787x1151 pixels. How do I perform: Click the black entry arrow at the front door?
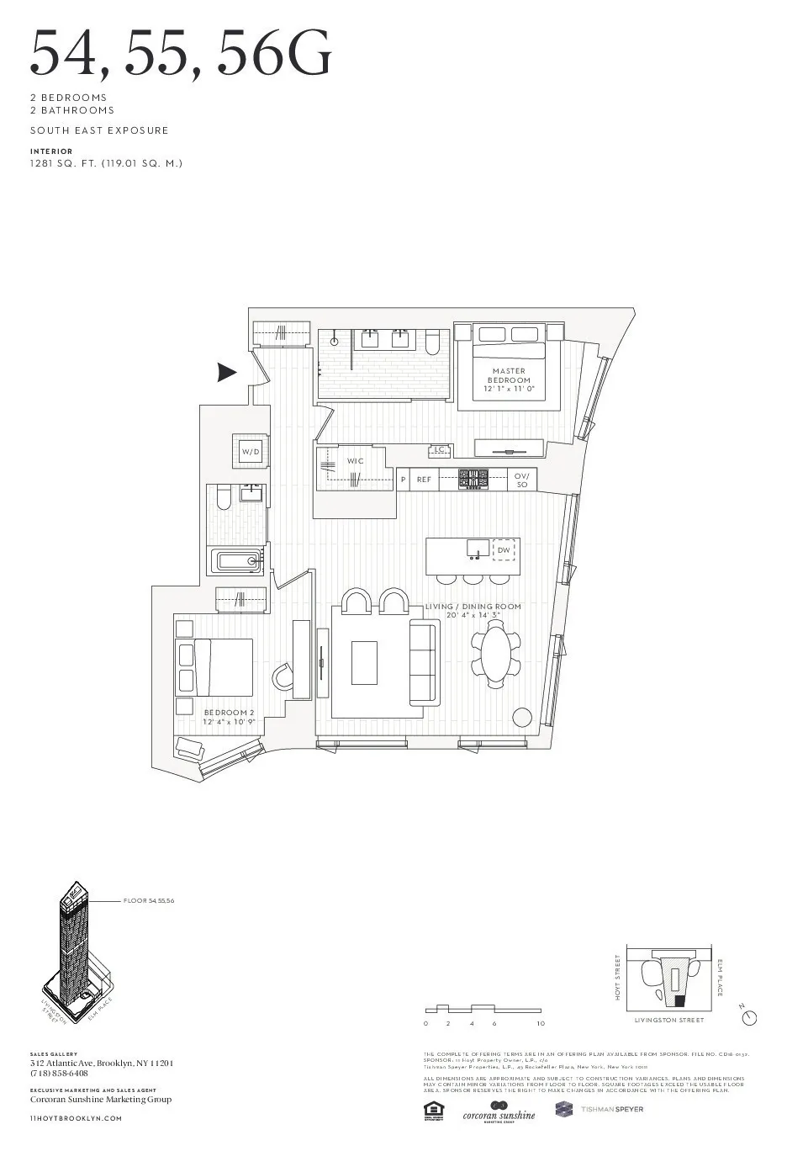click(x=226, y=372)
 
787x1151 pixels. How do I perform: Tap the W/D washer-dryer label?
click(x=251, y=452)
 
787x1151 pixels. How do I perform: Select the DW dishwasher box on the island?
click(x=503, y=549)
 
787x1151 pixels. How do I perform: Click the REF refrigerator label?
click(x=424, y=480)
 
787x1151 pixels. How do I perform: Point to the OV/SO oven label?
click(x=521, y=480)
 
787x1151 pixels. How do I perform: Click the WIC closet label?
click(x=356, y=461)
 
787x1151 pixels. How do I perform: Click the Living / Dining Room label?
click(x=473, y=610)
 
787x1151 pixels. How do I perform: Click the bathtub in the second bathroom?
click(x=238, y=561)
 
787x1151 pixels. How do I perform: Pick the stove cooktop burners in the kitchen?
click(x=473, y=480)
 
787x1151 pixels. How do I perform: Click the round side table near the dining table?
click(x=522, y=718)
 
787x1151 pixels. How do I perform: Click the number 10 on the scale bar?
click(x=541, y=1024)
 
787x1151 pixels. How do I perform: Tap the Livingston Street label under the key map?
click(x=669, y=1021)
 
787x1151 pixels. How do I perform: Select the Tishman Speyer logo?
click(x=599, y=1110)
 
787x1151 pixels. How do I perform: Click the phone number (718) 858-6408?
click(x=59, y=1074)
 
